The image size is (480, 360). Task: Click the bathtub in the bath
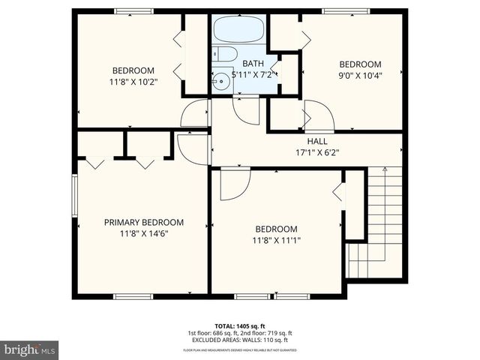pyautogui.click(x=238, y=31)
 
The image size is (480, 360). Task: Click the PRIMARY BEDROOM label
pyautogui.click(x=143, y=223)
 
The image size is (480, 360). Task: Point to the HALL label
pyautogui.click(x=317, y=141)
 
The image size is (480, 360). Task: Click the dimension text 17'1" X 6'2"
pyautogui.click(x=317, y=152)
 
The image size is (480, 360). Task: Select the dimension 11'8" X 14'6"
pyautogui.click(x=143, y=234)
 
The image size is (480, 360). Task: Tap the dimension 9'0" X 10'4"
pyautogui.click(x=360, y=76)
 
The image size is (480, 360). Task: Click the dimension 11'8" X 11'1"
pyautogui.click(x=276, y=241)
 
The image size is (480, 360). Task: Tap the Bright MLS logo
pyautogui.click(x=30, y=349)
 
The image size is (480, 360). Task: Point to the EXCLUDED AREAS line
pyautogui.click(x=239, y=340)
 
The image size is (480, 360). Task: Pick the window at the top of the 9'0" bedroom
pyautogui.click(x=346, y=11)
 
